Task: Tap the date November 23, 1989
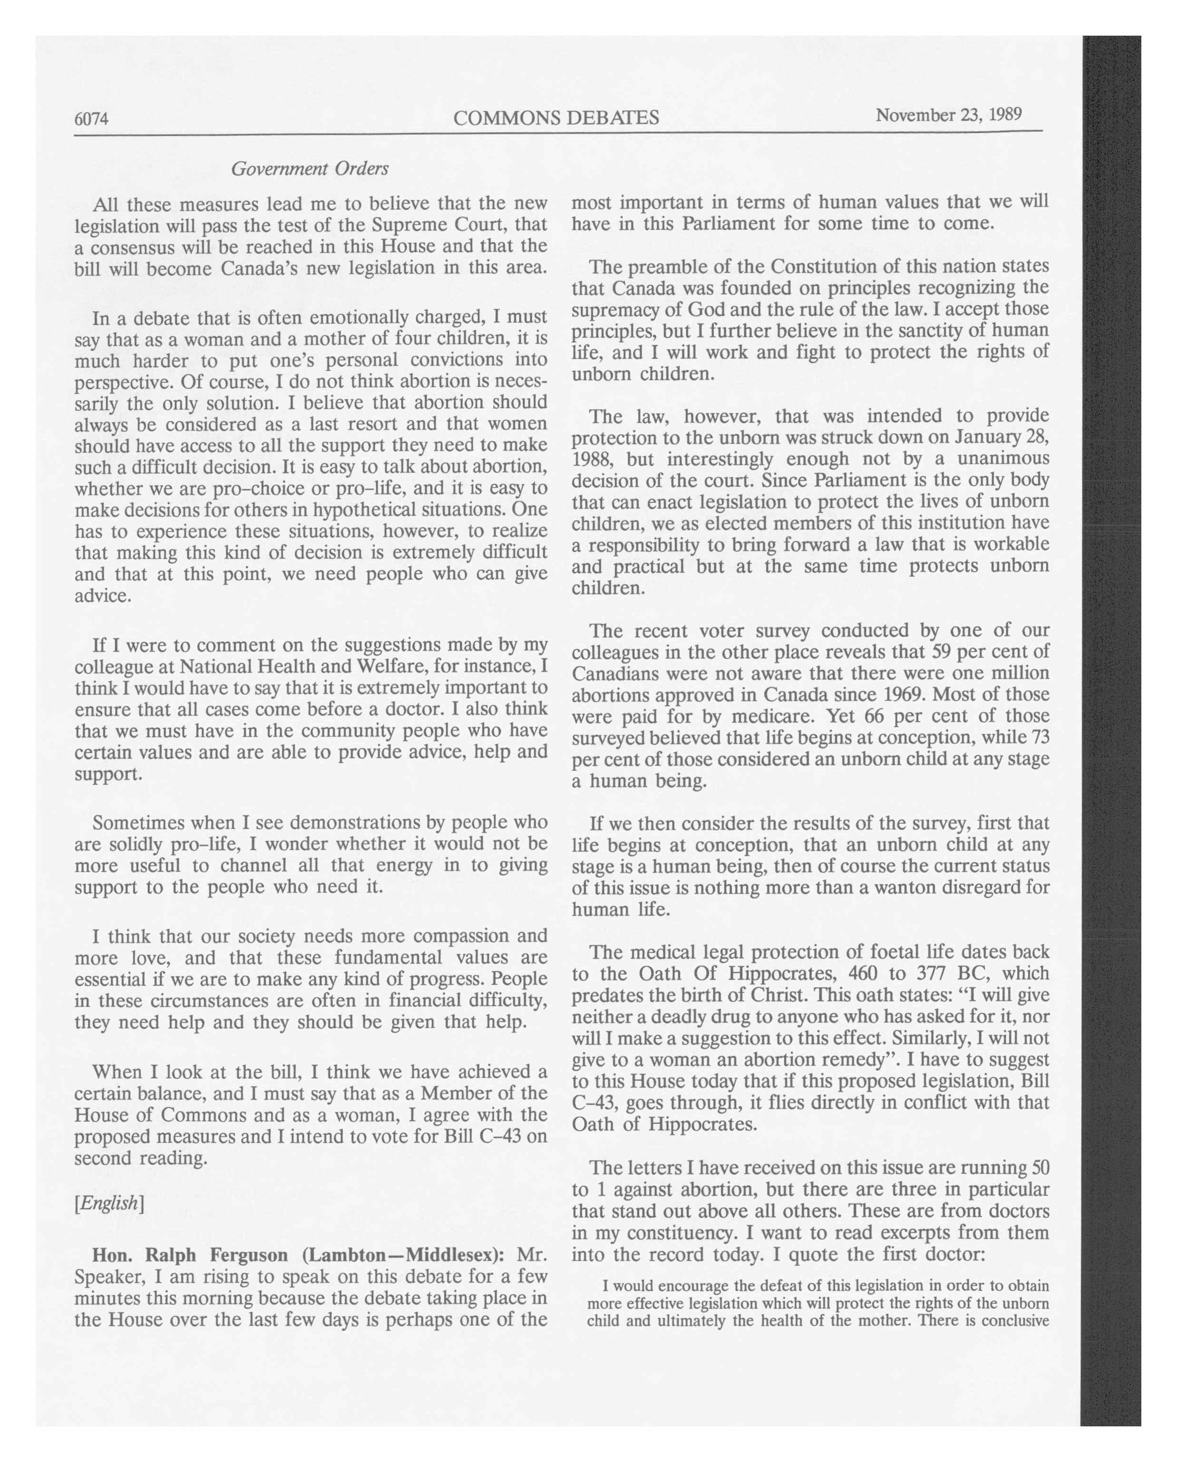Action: coord(948,115)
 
